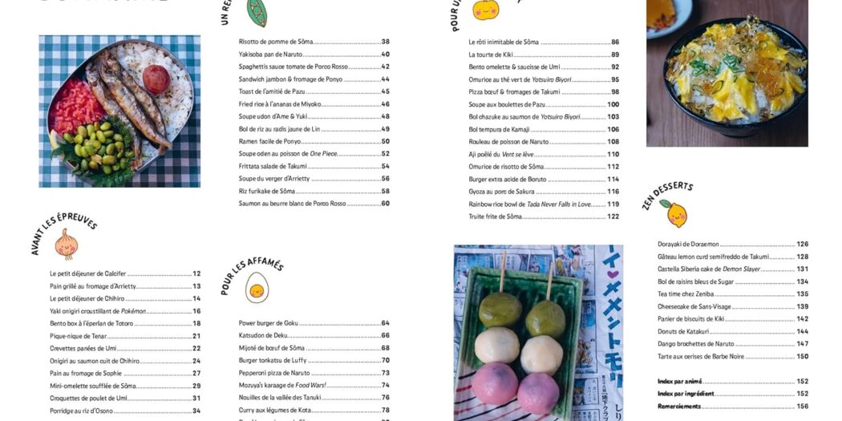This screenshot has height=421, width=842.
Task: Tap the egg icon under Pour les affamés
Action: coord(257,287)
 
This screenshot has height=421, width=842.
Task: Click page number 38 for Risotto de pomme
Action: coord(385,42)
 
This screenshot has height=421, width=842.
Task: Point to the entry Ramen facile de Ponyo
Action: coord(269,141)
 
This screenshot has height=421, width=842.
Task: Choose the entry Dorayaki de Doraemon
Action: coord(688,244)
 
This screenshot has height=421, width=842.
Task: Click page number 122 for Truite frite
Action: coord(613,217)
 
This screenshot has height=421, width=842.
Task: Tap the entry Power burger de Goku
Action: coord(268,323)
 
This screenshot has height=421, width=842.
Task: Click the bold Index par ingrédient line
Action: coord(686,394)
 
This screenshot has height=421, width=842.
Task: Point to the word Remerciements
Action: coord(678,407)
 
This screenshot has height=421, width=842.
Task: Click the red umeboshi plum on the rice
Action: coord(156,79)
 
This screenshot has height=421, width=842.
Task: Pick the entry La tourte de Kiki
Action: coord(491,55)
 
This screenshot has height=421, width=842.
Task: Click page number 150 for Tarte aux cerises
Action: coord(802,356)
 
